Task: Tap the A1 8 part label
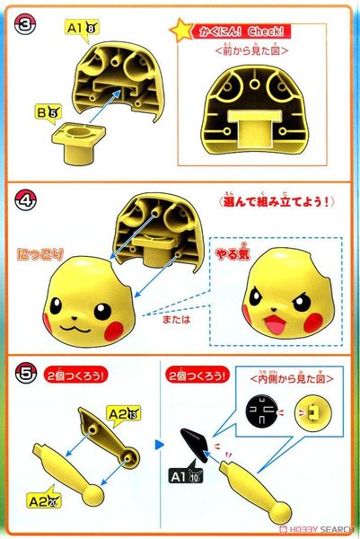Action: (x=82, y=28)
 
